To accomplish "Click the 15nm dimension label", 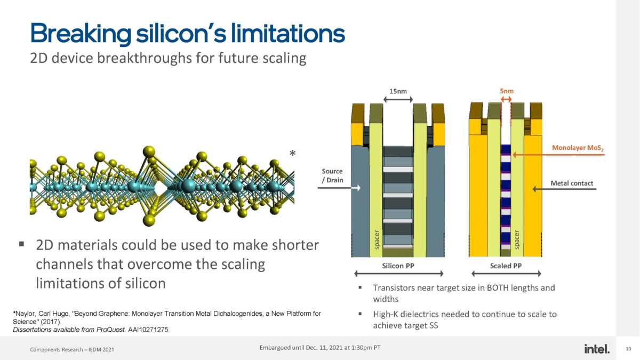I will (398, 91).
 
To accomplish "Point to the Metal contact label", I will (572, 183).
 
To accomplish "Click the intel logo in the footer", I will (597, 349).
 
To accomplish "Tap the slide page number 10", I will (628, 349).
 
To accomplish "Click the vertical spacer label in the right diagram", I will (516, 239).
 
